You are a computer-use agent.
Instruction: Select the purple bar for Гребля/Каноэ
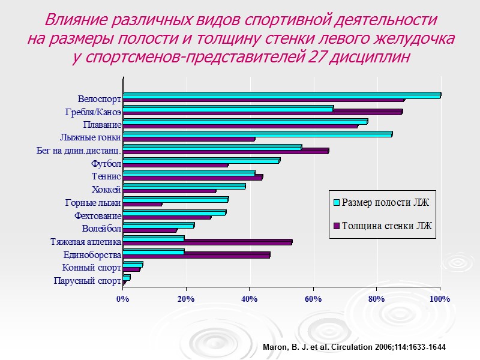(x=262, y=112)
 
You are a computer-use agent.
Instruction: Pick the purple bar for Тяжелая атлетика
(x=207, y=242)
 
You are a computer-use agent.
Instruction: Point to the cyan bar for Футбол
(x=201, y=160)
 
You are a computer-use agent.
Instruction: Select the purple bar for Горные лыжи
(x=142, y=204)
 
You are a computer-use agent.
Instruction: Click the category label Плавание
(x=103, y=125)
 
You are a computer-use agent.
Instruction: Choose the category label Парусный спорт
(x=88, y=281)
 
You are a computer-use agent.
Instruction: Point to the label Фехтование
(x=98, y=215)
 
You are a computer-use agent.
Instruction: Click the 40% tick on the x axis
(x=249, y=299)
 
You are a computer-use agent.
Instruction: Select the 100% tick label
(x=439, y=299)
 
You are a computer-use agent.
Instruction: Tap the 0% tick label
(x=122, y=299)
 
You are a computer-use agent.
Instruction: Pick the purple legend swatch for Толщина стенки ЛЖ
(x=337, y=226)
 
